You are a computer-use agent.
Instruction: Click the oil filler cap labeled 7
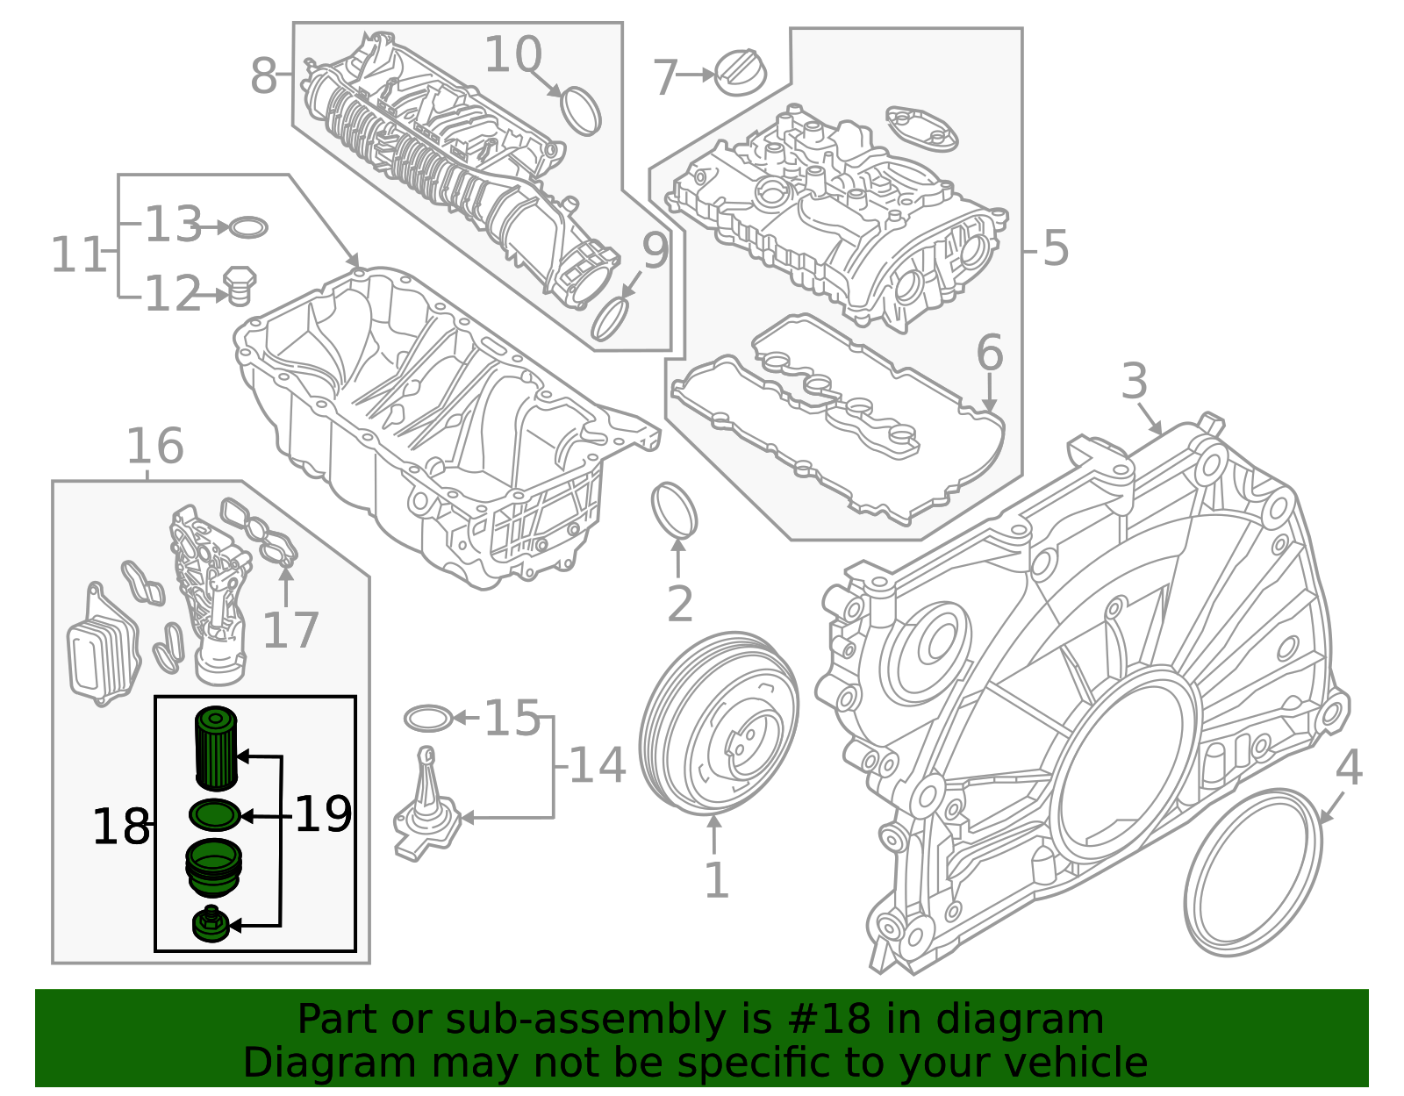pyautogui.click(x=739, y=73)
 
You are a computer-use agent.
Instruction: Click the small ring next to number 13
pyautogui.click(x=248, y=228)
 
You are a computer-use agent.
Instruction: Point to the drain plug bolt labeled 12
pyautogui.click(x=239, y=287)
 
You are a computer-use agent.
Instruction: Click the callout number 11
pyautogui.click(x=76, y=255)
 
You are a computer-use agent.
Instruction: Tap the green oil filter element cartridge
pyautogui.click(x=215, y=749)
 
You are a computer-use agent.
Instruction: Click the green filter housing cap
pyautogui.click(x=213, y=868)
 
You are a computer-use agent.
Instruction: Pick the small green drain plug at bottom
pyautogui.click(x=211, y=925)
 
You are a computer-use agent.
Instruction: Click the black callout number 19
pyautogui.click(x=323, y=814)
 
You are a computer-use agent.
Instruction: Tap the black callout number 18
pyautogui.click(x=120, y=827)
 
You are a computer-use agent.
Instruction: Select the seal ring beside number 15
pyautogui.click(x=427, y=719)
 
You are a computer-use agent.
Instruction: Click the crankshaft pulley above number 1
pyautogui.click(x=719, y=723)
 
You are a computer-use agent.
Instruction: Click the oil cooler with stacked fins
pyautogui.click(x=102, y=655)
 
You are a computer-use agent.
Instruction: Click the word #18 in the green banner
pyautogui.click(x=828, y=1020)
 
